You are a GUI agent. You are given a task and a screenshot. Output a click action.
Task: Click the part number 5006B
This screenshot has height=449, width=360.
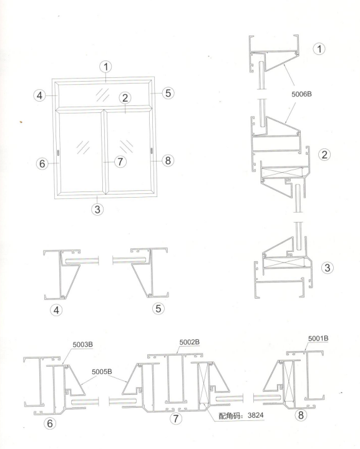click(301, 94)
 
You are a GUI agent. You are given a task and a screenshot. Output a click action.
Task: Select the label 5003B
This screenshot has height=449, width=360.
click(82, 344)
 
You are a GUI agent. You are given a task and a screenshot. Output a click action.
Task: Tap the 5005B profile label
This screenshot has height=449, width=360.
click(102, 372)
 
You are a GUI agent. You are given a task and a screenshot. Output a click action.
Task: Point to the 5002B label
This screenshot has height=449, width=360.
click(189, 342)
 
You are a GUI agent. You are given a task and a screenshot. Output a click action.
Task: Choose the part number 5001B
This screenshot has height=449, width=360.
click(318, 338)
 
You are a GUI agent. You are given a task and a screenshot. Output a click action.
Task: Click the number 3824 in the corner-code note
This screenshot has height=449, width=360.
click(255, 415)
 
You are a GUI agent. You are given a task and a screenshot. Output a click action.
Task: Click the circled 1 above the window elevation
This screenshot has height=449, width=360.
click(106, 67)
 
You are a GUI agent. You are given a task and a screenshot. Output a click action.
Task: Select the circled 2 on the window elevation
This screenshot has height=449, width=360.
click(125, 98)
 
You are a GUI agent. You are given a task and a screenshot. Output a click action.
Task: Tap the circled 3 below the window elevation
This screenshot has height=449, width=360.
click(97, 210)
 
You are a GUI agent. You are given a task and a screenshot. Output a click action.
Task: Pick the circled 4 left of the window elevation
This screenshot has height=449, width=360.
click(39, 95)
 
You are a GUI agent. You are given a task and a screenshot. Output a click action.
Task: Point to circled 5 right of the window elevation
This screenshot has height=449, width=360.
click(168, 93)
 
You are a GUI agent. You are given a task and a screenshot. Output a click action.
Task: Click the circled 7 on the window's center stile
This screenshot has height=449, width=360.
click(120, 162)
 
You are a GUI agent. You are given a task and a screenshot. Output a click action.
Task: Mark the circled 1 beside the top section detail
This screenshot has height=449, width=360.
click(319, 49)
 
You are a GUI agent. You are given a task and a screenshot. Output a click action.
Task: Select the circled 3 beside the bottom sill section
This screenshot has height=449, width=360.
click(327, 268)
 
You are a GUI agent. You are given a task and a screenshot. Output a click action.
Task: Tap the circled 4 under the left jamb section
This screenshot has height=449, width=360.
click(56, 310)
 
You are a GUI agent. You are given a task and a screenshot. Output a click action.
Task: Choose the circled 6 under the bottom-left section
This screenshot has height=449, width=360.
click(50, 423)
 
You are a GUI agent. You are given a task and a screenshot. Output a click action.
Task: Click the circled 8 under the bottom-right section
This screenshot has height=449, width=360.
click(301, 415)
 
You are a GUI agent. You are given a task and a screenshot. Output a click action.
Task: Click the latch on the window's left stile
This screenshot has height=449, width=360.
click(59, 152)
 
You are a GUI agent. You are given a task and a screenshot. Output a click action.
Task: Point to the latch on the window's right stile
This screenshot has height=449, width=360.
click(152, 151)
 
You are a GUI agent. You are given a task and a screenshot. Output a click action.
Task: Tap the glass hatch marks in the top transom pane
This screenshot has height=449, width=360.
click(102, 95)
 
